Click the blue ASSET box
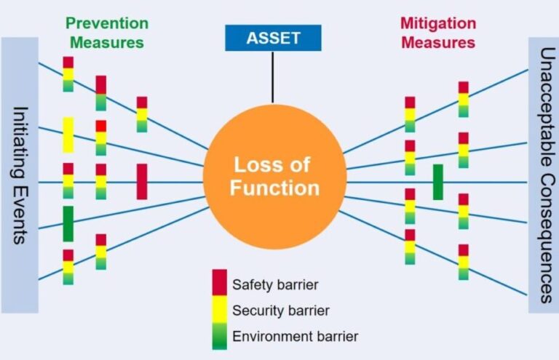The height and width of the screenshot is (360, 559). [273, 38]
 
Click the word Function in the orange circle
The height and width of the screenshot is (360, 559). [274, 188]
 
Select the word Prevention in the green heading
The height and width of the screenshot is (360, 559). [107, 23]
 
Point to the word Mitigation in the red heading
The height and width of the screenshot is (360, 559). [437, 23]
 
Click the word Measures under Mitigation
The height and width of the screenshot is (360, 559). [437, 42]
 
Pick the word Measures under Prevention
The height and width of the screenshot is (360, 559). [107, 42]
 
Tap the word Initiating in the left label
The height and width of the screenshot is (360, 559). [20, 139]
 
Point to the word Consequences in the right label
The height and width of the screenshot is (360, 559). [544, 233]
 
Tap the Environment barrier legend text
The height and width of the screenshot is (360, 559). [295, 336]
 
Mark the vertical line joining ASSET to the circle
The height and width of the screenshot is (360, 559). [273, 76]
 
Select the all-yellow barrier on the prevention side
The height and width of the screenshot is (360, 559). [68, 135]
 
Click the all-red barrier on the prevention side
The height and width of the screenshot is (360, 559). [141, 181]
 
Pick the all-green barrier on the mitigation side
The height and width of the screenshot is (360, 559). [437, 182]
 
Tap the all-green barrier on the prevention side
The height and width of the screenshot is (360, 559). [68, 223]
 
